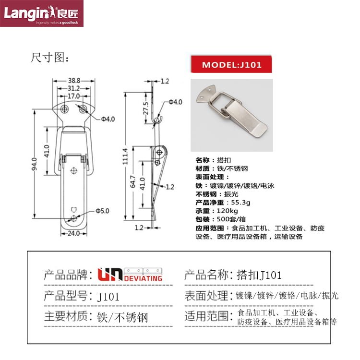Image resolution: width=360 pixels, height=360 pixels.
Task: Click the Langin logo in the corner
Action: click(42, 13)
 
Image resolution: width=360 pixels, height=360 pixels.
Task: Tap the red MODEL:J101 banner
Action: click(231, 64)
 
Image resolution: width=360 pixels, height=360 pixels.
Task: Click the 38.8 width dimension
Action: click(74, 81)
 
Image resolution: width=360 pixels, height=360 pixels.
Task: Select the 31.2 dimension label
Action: click(73, 88)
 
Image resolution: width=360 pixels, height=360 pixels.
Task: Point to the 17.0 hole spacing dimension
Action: click(73, 96)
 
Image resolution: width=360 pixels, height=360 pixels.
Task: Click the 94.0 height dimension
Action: click(34, 164)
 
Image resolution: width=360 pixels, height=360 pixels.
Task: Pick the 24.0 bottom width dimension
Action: click(73, 233)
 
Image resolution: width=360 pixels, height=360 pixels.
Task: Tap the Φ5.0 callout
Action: click(102, 211)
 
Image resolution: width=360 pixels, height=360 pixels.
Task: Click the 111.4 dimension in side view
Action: click(125, 156)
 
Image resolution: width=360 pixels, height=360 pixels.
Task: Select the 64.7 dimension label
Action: click(133, 181)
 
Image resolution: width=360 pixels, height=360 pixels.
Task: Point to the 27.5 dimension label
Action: click(146, 108)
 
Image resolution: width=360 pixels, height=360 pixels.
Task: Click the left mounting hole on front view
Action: click(64, 108)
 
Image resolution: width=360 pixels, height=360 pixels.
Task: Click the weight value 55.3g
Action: click(240, 203)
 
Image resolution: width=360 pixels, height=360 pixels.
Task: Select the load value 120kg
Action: click(228, 211)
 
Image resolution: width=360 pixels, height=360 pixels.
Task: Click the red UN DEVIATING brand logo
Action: click(130, 275)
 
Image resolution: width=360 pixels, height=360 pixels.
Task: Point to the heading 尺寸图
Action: click(49, 58)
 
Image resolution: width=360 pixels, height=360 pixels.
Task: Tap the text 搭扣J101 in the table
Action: click(259, 275)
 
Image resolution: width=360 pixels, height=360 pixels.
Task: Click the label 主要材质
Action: click(66, 316)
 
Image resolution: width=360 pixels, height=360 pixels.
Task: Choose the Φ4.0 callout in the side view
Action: click(175, 102)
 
